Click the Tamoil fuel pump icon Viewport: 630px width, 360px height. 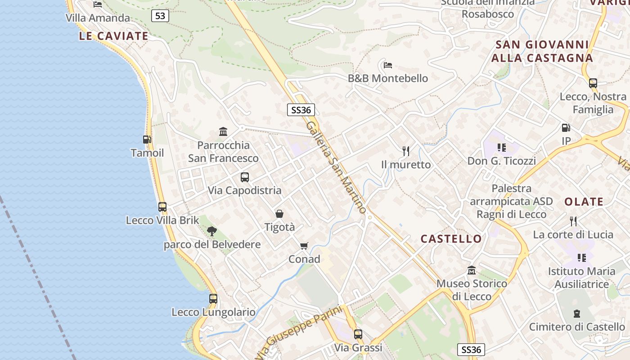[147, 139]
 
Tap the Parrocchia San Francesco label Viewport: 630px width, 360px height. [223, 152]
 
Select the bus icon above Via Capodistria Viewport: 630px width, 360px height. [244, 177]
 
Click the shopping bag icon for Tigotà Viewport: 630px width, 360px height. [279, 214]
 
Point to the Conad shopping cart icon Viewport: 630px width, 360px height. [304, 246]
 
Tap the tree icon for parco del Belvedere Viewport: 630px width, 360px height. [211, 231]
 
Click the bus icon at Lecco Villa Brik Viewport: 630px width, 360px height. [162, 207]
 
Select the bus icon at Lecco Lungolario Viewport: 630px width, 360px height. [213, 298]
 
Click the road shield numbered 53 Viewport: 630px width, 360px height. [160, 16]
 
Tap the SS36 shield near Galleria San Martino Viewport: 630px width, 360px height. [301, 110]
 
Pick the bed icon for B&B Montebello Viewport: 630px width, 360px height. [388, 65]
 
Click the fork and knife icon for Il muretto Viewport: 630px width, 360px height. [406, 151]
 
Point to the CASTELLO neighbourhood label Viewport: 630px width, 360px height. [451, 239]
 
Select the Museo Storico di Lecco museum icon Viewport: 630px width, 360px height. [472, 270]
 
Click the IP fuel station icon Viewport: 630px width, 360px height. [566, 128]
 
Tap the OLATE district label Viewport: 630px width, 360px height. [584, 202]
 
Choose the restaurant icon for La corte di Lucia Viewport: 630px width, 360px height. [573, 221]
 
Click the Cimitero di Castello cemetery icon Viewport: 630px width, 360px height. [577, 313]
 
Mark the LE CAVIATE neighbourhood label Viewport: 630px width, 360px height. [113, 36]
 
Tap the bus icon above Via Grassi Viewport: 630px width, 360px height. [358, 334]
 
